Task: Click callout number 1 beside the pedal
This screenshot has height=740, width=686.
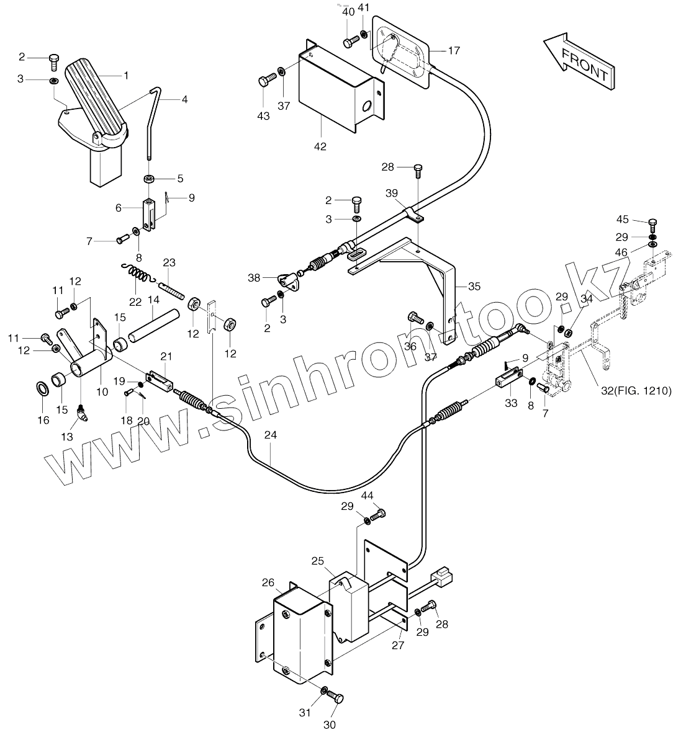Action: [x=126, y=76]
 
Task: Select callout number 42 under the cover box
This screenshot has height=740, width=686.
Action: [x=320, y=147]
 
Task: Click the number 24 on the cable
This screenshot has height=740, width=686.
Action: [x=270, y=435]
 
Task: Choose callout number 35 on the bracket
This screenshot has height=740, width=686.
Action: [x=474, y=287]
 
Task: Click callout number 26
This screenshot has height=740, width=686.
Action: [x=268, y=582]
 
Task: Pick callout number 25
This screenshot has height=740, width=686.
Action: [x=318, y=561]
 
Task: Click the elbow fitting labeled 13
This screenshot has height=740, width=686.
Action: [x=82, y=411]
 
